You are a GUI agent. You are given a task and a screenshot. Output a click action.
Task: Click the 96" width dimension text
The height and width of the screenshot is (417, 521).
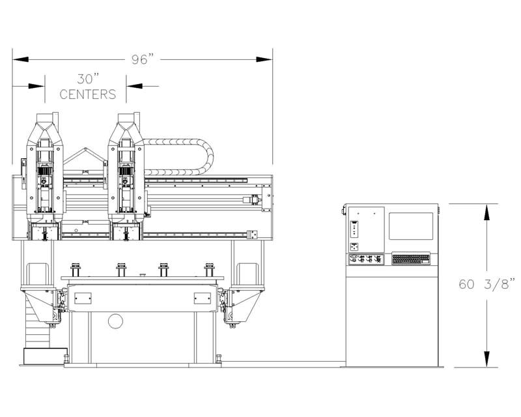(x=143, y=59)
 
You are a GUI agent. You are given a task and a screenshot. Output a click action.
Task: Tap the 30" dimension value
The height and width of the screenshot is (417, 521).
(x=89, y=79)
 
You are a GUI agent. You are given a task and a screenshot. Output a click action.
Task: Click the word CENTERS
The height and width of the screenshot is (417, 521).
(x=88, y=94)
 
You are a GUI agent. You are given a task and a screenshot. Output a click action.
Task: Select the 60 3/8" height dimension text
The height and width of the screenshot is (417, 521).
(x=486, y=284)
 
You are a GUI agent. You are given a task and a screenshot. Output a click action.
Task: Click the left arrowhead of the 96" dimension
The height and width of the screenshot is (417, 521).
(x=21, y=59)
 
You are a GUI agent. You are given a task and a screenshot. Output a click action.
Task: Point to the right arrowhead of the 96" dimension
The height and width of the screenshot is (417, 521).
(x=264, y=59)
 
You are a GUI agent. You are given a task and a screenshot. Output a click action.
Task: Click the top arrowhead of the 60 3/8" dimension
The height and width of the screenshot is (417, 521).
(x=486, y=212)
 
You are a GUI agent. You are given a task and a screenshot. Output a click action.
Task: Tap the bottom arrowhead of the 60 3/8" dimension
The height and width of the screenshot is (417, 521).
(x=486, y=359)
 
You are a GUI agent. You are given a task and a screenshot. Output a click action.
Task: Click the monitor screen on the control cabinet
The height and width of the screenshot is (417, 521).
(x=411, y=226)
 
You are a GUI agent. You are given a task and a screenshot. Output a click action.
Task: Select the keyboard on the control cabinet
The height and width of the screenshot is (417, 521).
(x=411, y=259)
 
